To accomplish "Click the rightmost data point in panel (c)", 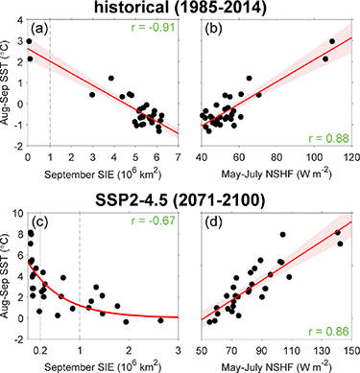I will [x=160, y=320].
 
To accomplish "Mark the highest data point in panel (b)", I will [x=333, y=41].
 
